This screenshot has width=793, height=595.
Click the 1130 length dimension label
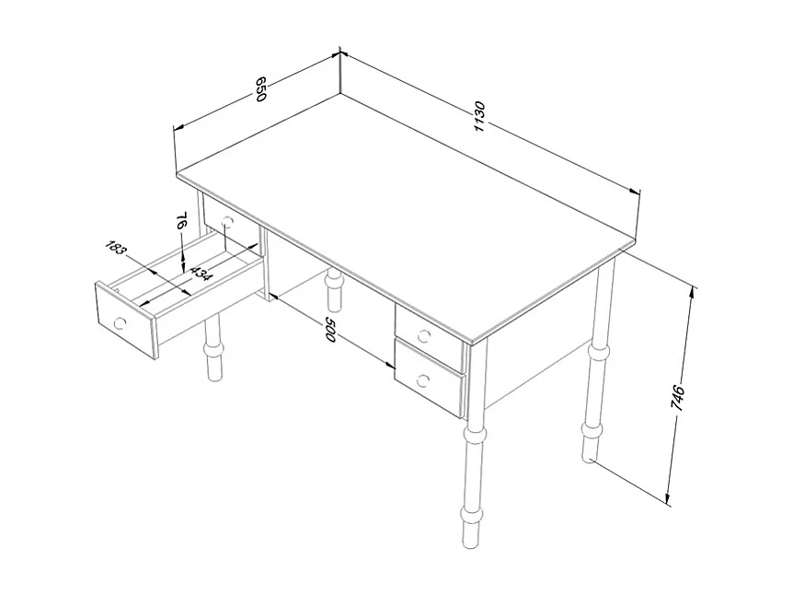coord(479,117)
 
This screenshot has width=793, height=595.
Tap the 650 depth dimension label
coord(260,89)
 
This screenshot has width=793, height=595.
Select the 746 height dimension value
coord(678,399)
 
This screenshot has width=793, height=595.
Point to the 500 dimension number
coord(329,329)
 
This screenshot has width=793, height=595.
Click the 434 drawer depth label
coord(201,274)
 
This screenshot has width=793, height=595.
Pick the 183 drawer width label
coord(115,248)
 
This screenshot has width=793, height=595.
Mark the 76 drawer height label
coord(181,221)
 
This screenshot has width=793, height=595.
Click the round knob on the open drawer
coord(120,322)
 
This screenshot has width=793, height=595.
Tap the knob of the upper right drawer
coord(424,334)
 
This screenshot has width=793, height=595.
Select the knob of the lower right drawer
coord(423,379)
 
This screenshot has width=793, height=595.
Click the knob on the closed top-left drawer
coord(227,222)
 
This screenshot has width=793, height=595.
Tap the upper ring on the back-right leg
coord(598,353)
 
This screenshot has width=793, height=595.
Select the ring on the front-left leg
coord(213,350)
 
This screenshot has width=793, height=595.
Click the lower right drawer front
coord(429,379)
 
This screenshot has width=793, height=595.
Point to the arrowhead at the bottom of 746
coord(669,500)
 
